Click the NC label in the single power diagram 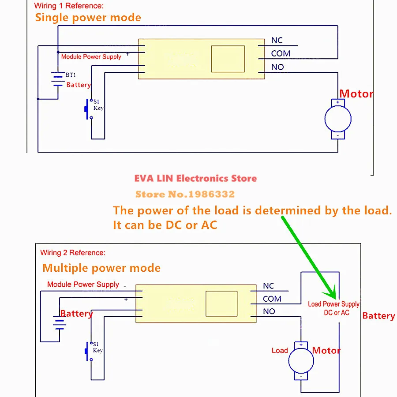(x=277, y=40)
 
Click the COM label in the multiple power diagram (x=272, y=299)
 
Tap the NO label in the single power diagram (x=277, y=67)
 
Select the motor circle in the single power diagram (x=338, y=119)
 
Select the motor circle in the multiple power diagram (x=301, y=360)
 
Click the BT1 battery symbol (x=58, y=79)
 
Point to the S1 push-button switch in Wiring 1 (x=88, y=109)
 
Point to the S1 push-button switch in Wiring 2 (x=89, y=352)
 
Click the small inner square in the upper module (x=228, y=59)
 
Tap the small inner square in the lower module (x=221, y=303)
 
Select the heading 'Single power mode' (x=88, y=18)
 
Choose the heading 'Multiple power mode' (x=101, y=268)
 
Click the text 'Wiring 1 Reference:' (x=69, y=6)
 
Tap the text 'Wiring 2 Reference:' (x=73, y=253)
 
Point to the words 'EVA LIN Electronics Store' (x=195, y=178)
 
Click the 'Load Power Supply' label (x=333, y=304)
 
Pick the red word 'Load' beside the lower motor (x=280, y=350)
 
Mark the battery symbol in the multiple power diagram (x=60, y=322)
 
